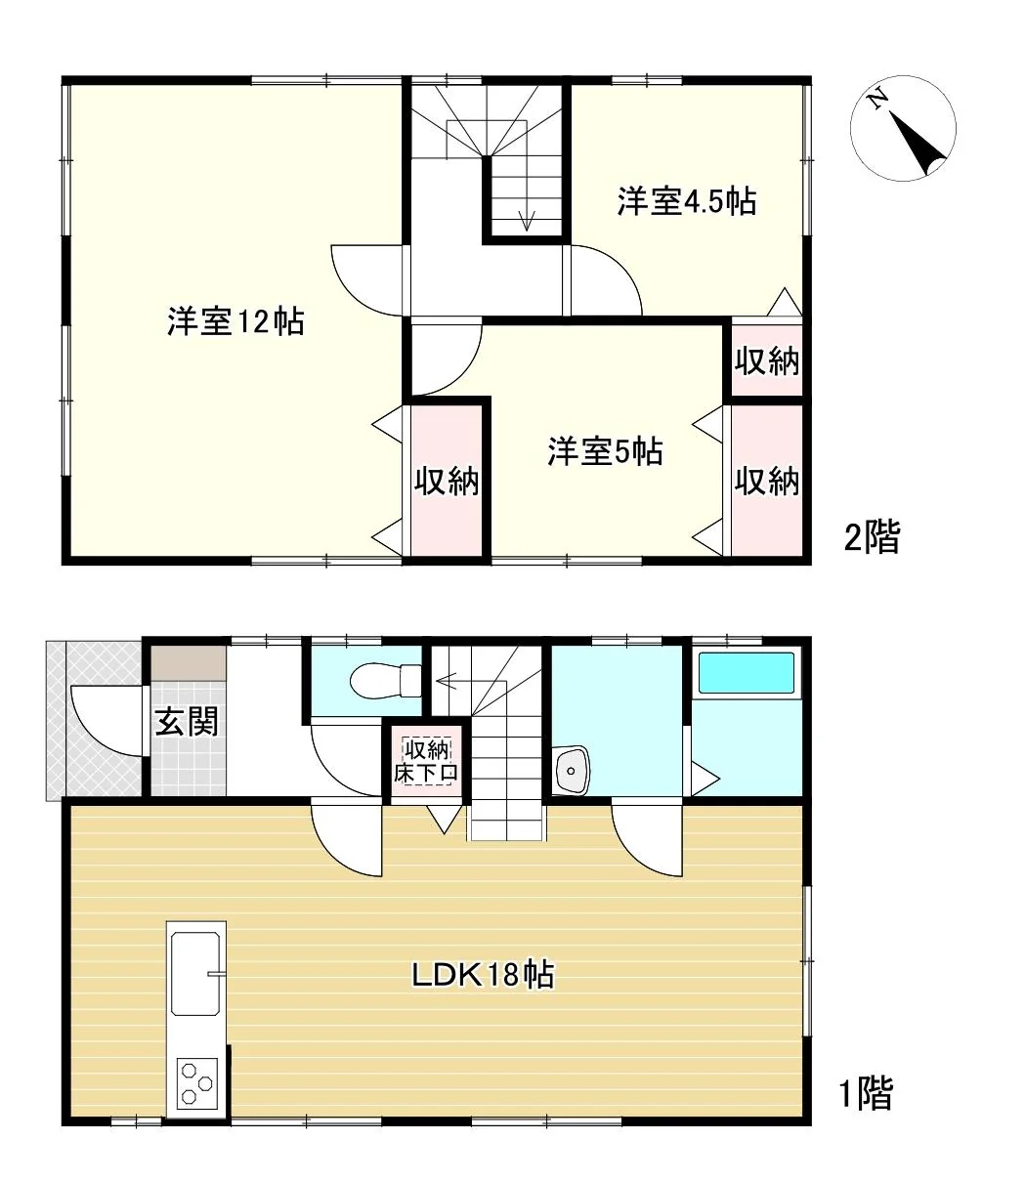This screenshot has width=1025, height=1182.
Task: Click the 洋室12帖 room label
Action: tap(235, 321)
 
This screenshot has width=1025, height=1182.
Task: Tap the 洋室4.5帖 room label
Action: tap(686, 201)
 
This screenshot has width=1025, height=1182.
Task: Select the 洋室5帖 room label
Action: tap(605, 451)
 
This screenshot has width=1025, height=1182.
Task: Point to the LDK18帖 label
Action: tap(484, 975)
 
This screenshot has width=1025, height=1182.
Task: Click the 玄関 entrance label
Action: tap(187, 721)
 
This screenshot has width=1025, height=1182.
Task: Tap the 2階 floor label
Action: tap(873, 536)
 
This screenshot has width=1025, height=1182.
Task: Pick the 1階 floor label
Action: tap(866, 1093)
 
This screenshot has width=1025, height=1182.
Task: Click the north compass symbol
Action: tap(903, 129)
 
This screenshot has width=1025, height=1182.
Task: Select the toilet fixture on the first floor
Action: tap(385, 681)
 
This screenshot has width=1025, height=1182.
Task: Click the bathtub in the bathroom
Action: tap(746, 675)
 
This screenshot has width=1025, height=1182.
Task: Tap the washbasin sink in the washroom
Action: tap(571, 771)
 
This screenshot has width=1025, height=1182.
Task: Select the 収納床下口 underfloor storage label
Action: tap(426, 761)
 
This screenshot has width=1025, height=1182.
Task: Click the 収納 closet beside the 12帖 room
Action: tap(447, 481)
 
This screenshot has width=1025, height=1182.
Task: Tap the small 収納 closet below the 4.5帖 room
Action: tap(767, 360)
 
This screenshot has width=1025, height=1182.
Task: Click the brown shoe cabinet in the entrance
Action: tap(189, 663)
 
